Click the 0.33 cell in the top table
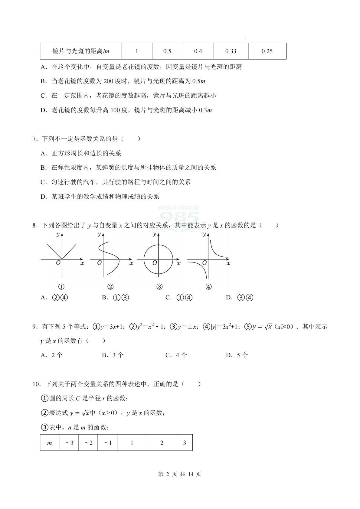[x=231, y=51]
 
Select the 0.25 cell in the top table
[x=267, y=51]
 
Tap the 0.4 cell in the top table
[x=198, y=51]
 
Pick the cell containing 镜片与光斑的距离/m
[x=81, y=51]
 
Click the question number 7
[x=35, y=139]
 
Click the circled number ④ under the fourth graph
[x=208, y=287]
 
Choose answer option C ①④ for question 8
[x=179, y=298]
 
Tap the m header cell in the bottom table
[x=50, y=443]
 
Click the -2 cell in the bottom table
[x=88, y=443]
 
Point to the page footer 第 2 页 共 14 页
[x=180, y=474]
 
